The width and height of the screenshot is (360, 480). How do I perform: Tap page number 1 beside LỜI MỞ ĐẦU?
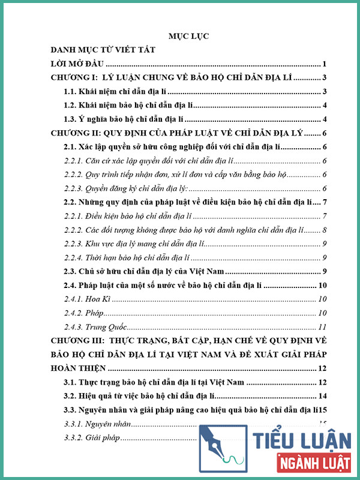coord(323,64)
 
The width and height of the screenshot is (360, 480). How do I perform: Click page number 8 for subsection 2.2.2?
coord(323,230)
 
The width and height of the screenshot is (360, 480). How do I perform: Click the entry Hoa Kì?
coord(98,299)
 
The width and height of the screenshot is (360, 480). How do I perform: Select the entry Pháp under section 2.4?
coord(95,313)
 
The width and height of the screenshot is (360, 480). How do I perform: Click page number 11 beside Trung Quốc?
coord(322,326)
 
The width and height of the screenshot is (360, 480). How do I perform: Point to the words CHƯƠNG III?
coord(77,341)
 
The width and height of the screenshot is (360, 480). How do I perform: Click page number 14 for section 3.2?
coord(322,396)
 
